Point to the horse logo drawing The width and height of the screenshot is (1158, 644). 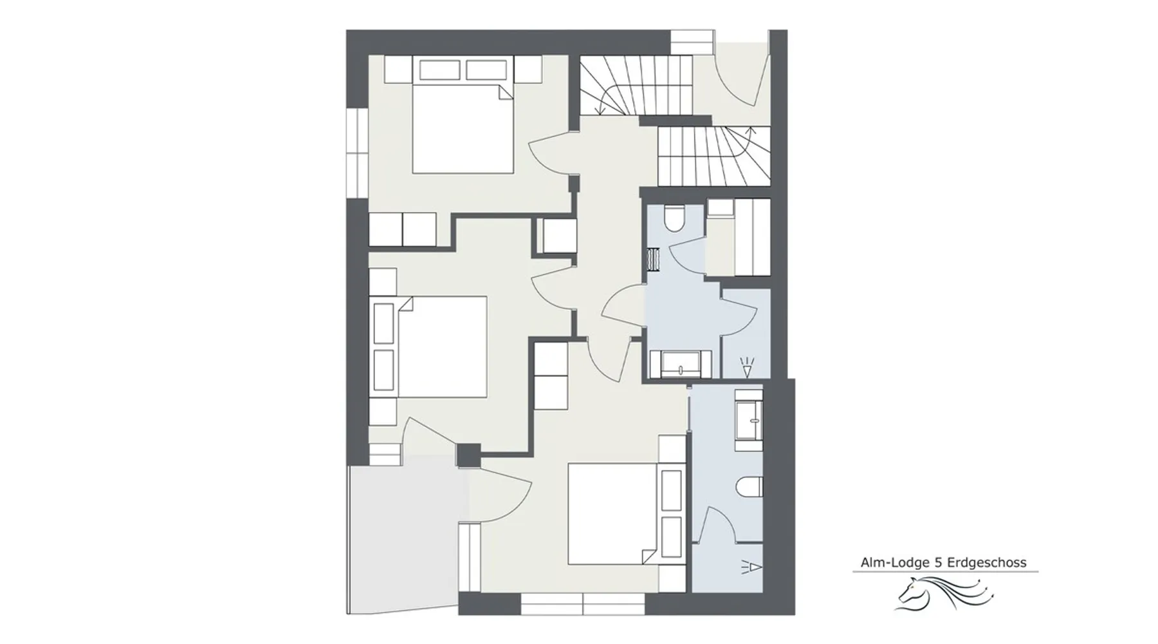click(x=944, y=592)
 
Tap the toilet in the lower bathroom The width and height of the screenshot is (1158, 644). click(x=751, y=487)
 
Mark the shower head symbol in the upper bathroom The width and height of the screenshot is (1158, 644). click(x=746, y=367)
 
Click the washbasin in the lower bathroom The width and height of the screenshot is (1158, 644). click(x=749, y=419)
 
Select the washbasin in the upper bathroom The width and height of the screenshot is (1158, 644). click(x=681, y=364)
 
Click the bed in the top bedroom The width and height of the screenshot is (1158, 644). click(x=463, y=128)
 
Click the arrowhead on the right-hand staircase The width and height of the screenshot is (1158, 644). click(x=750, y=131)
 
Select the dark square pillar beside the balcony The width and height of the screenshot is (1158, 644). click(x=468, y=455)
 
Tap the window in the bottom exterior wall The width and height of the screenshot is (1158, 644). click(x=582, y=603)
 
